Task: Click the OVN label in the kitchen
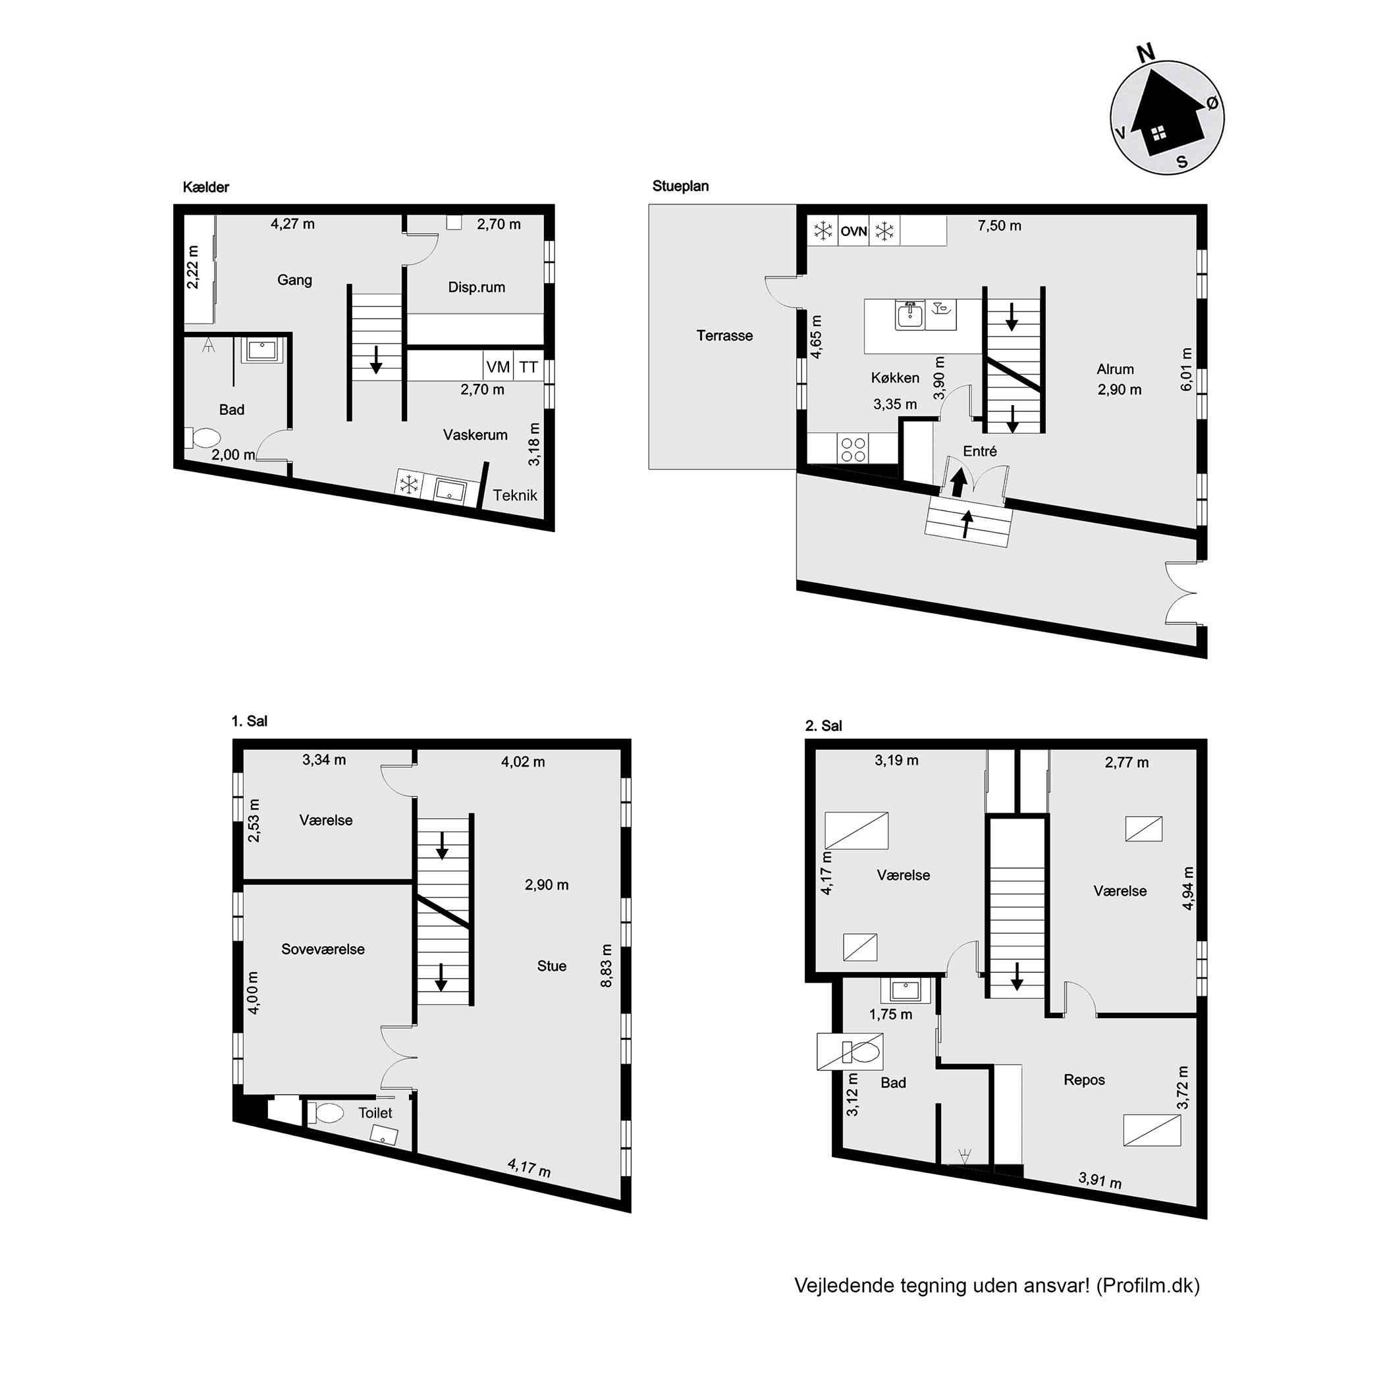[854, 231]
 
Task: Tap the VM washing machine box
[499, 367]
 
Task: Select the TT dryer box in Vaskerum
[528, 367]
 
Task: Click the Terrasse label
[724, 335]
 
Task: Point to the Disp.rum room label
[477, 287]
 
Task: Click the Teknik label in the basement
[515, 495]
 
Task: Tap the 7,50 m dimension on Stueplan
[999, 226]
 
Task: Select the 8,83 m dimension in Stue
[607, 965]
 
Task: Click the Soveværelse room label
[323, 949]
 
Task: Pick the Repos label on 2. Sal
[1085, 1079]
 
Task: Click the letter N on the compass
[1146, 51]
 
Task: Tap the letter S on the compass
[1182, 162]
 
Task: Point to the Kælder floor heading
[206, 188]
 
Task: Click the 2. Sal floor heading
[824, 726]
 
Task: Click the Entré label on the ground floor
[980, 451]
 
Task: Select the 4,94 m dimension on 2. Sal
[1188, 888]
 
